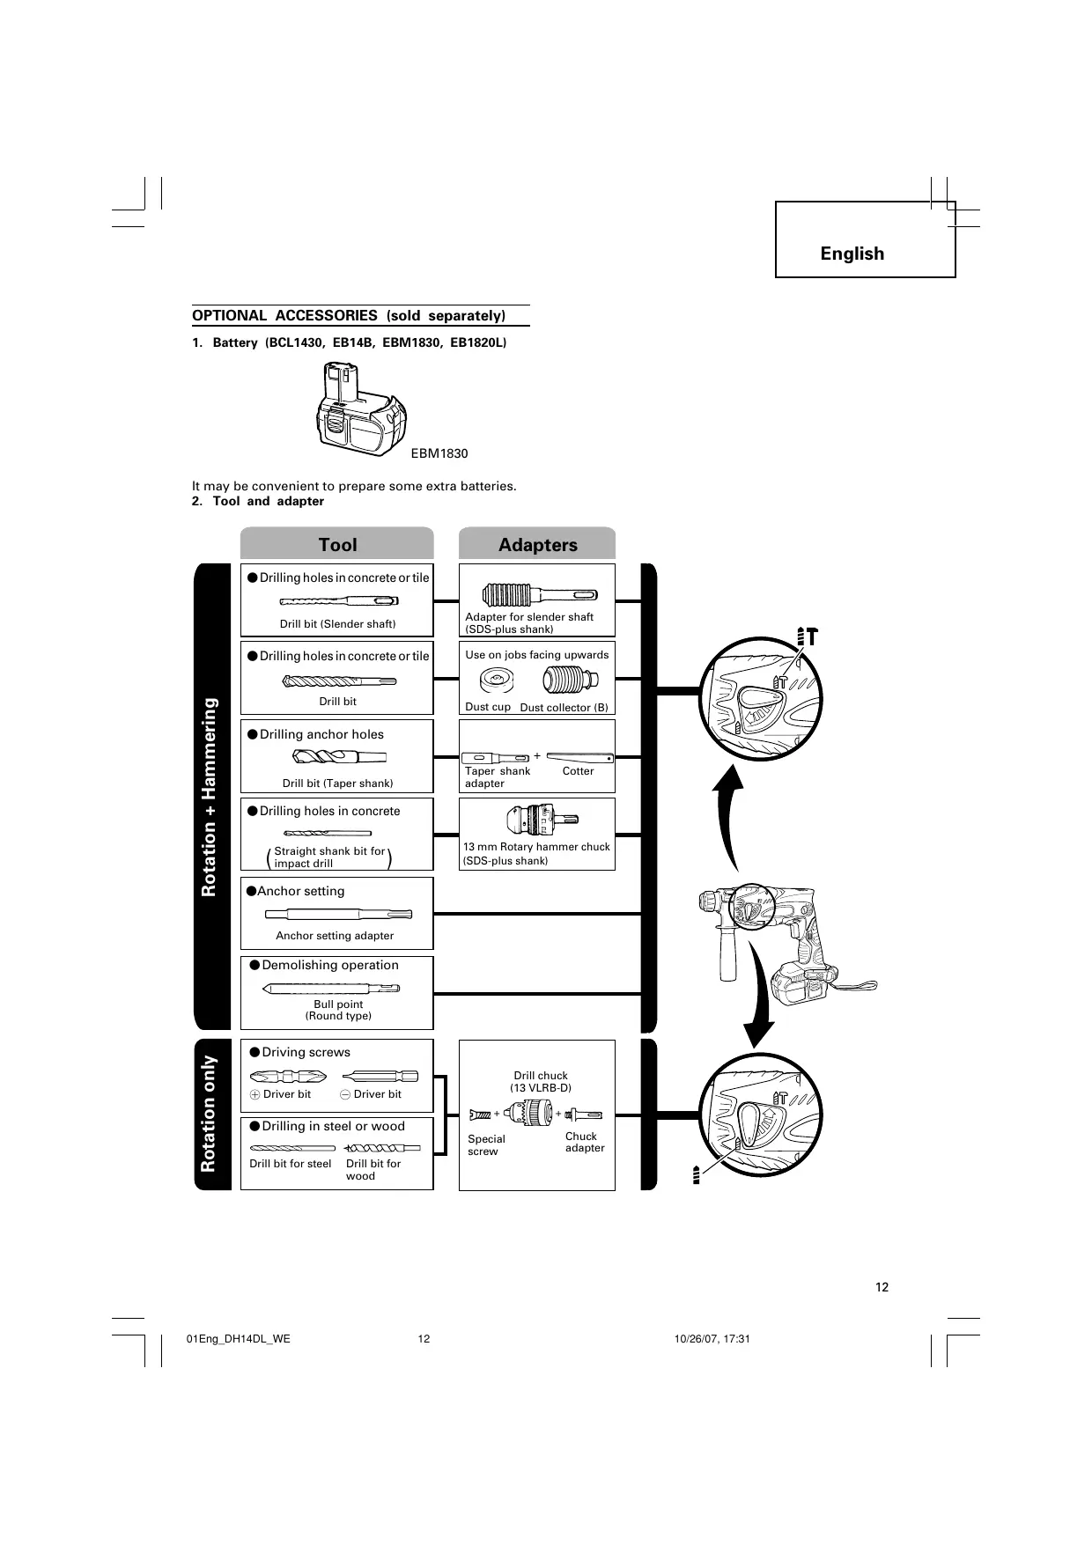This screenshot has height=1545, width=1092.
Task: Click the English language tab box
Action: (865, 239)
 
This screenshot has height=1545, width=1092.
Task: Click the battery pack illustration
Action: (361, 411)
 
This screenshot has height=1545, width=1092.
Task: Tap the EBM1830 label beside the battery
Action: (439, 453)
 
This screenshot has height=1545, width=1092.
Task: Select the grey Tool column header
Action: (337, 544)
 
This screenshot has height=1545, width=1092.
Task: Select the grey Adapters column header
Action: (537, 544)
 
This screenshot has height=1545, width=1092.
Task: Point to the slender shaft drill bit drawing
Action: (339, 601)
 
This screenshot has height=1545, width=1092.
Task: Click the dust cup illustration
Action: (497, 681)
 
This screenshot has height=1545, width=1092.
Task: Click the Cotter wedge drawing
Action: (579, 757)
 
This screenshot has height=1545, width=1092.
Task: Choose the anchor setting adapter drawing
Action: (337, 914)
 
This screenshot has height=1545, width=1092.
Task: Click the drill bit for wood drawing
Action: (383, 1148)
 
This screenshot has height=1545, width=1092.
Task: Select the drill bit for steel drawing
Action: (292, 1148)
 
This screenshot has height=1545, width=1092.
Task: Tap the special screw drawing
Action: (481, 1115)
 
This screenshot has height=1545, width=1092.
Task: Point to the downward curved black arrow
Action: (757, 995)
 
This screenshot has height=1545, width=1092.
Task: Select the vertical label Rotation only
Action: (209, 1115)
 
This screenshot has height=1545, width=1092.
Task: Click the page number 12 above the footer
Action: (882, 1287)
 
